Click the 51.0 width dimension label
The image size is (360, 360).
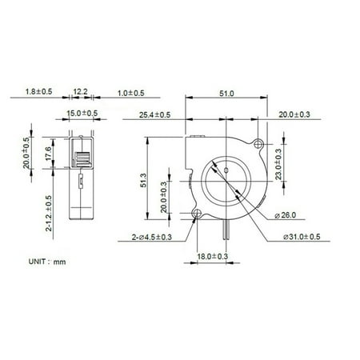coord(226,94)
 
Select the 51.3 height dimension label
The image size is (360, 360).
coord(143,180)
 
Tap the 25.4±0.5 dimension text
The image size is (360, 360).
coord(154,115)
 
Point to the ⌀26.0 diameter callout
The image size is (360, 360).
coord(285,215)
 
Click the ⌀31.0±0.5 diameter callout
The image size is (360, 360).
coord(302,237)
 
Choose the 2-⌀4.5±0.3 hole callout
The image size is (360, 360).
coord(152,237)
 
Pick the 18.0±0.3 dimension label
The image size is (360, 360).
coord(213,257)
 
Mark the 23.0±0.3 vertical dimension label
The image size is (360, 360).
coord(278,164)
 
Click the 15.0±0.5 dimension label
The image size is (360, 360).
coord(82,113)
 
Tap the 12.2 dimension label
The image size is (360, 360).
coord(80,92)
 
